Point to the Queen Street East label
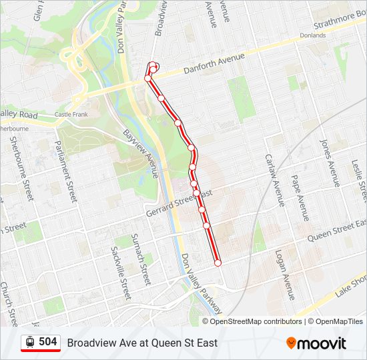(x=337, y=229)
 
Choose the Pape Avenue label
(x=300, y=199)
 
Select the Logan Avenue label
(x=285, y=275)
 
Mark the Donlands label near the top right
(x=312, y=35)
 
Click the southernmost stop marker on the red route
(x=218, y=263)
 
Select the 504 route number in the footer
(x=48, y=342)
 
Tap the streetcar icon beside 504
(x=30, y=342)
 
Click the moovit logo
(x=316, y=343)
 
